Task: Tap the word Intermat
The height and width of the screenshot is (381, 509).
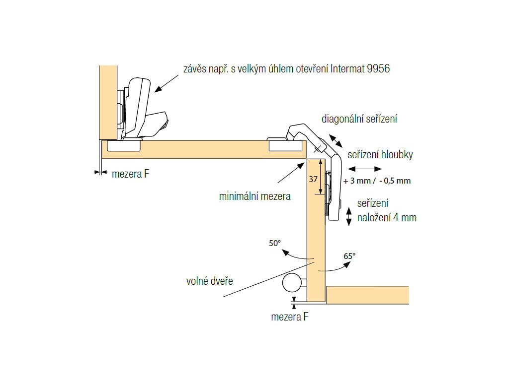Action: click(x=347, y=68)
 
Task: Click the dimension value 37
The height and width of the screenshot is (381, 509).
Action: click(x=313, y=179)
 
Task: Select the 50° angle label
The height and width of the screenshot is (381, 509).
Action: click(x=275, y=243)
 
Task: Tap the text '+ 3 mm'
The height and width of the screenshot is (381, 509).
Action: click(x=356, y=181)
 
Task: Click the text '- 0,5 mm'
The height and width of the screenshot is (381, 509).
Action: click(x=395, y=181)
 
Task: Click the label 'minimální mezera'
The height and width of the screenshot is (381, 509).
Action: click(x=254, y=196)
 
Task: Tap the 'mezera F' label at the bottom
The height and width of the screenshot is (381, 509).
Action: click(x=290, y=317)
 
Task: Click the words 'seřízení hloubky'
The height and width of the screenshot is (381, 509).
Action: click(x=380, y=155)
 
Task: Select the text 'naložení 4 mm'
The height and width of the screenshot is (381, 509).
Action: click(x=387, y=217)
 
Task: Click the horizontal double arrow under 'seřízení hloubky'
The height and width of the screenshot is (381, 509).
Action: click(x=368, y=169)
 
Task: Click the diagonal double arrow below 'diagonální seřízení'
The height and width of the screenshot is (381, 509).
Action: click(x=334, y=140)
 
